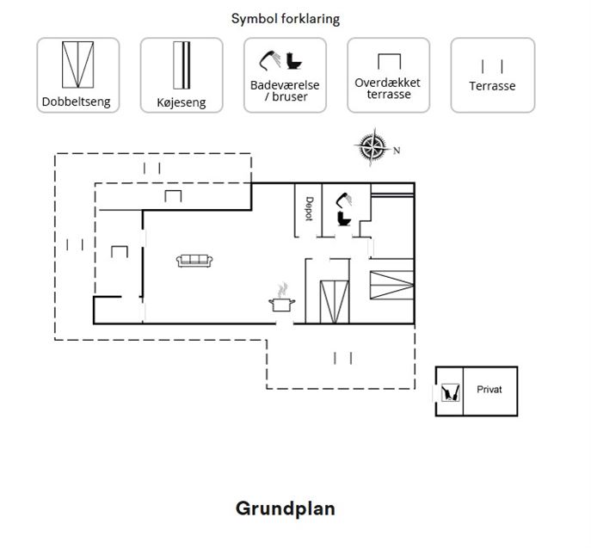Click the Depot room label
[309, 208]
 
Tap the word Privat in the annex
[489, 390]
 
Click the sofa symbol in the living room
[194, 261]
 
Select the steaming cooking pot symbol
[282, 298]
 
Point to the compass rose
[372, 146]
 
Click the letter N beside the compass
[397, 151]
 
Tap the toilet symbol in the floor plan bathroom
[344, 219]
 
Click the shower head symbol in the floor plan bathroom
[344, 200]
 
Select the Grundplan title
[286, 508]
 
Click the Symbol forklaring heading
[286, 19]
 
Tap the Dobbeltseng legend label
[77, 102]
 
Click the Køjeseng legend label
[182, 102]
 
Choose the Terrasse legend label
[492, 86]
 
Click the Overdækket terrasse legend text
[388, 89]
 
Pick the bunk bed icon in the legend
[182, 65]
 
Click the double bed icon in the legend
[77, 65]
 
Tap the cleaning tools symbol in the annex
[451, 392]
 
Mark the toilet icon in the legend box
[293, 61]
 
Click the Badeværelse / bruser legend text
[285, 91]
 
